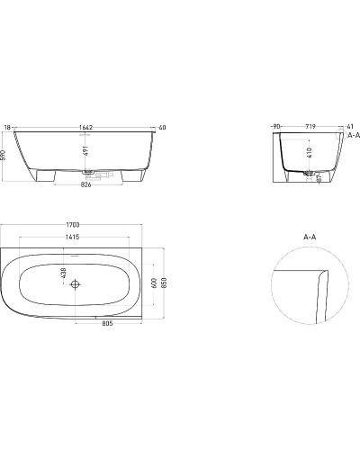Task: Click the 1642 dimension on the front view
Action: tap(86, 129)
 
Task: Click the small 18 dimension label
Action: tap(8, 129)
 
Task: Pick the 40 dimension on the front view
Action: tap(162, 129)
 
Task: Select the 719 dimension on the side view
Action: tap(309, 129)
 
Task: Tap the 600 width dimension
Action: tap(154, 283)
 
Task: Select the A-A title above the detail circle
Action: tap(309, 238)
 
